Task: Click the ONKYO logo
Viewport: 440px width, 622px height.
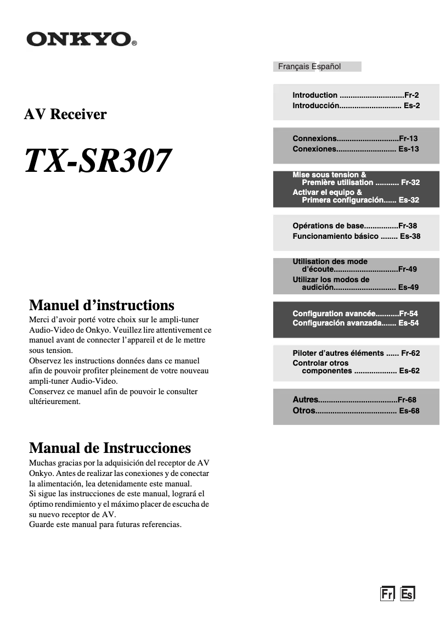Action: point(81,39)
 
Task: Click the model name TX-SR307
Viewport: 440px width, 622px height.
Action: point(98,161)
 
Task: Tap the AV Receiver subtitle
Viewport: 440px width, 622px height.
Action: point(65,114)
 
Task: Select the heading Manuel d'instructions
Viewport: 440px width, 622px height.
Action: point(101,305)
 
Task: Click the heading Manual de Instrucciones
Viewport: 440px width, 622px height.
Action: point(110,447)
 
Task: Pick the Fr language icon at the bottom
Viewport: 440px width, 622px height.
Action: point(387,593)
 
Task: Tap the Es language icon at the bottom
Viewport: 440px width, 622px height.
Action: point(407,593)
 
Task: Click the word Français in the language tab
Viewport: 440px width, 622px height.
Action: point(294,66)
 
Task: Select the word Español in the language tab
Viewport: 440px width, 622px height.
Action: point(326,66)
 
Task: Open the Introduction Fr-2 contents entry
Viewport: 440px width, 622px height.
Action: point(356,95)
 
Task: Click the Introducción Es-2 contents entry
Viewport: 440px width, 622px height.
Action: point(356,105)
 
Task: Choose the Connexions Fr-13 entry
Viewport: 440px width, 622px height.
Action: point(355,139)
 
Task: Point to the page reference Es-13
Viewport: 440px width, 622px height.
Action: point(408,149)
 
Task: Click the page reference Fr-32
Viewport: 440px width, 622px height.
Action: point(410,182)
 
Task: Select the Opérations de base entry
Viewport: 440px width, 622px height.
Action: point(354,226)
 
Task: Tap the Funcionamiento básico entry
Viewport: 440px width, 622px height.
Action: point(356,236)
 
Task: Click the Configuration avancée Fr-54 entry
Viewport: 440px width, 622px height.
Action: point(355,313)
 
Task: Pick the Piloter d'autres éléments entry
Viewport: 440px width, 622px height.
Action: point(356,353)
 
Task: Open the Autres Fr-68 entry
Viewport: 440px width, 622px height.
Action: point(354,400)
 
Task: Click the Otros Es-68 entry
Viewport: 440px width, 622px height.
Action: point(356,411)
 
